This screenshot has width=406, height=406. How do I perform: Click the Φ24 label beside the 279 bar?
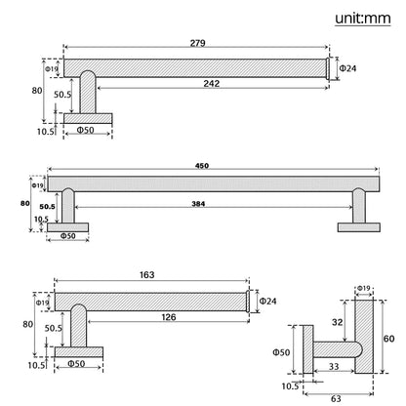[347, 67]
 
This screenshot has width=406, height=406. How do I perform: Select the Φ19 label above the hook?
[363, 288]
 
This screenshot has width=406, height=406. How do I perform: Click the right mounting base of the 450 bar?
[355, 227]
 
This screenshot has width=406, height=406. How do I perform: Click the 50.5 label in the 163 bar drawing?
[55, 329]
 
